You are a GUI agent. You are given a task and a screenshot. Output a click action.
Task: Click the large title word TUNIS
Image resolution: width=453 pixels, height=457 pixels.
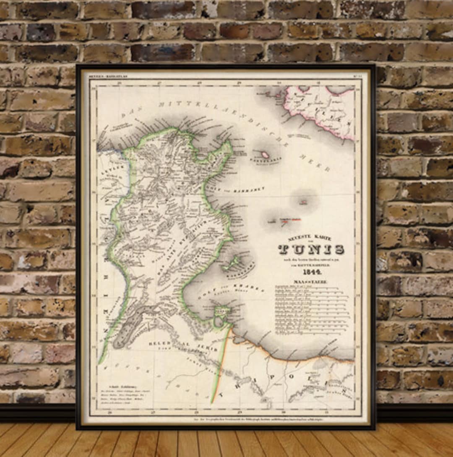click(x=311, y=249)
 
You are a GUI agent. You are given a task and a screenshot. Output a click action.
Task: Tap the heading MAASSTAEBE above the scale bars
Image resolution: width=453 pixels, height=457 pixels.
click(x=310, y=282)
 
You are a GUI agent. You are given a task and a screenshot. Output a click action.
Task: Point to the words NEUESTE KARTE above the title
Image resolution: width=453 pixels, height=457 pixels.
click(x=309, y=238)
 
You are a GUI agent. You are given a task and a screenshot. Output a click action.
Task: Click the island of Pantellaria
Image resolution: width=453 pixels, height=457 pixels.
click(x=265, y=155)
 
